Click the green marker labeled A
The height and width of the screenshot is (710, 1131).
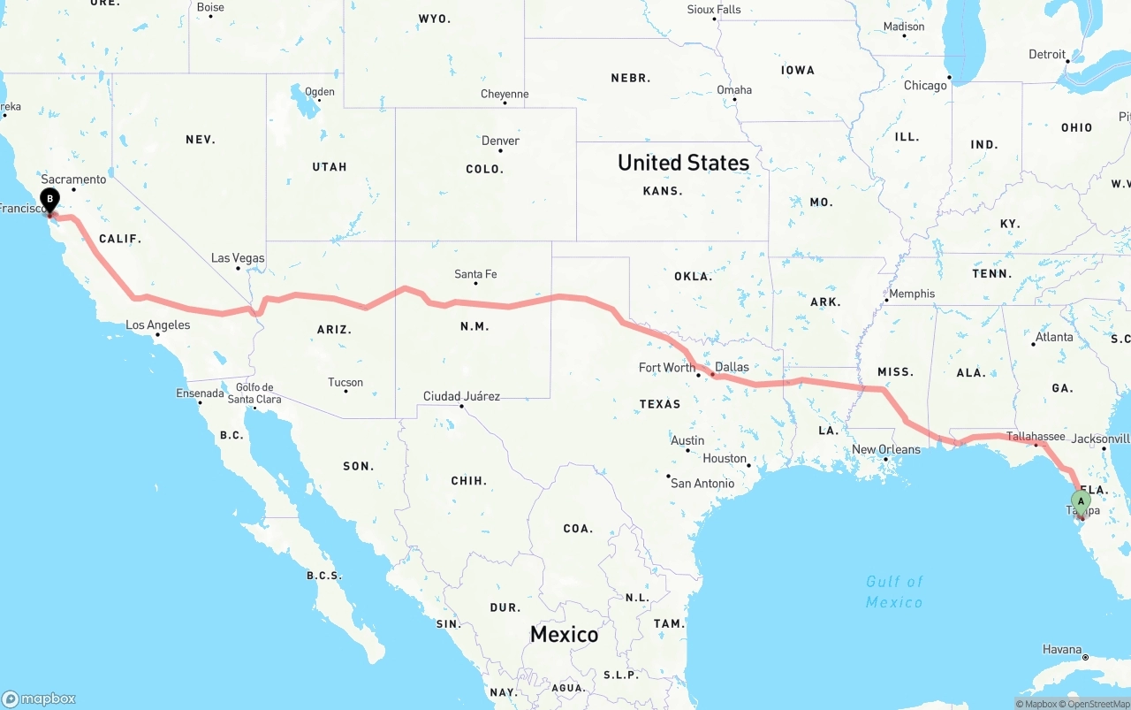pyautogui.click(x=1080, y=502)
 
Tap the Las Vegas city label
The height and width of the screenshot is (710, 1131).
pyautogui.click(x=238, y=258)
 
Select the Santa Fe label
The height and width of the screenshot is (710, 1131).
pyautogui.click(x=475, y=274)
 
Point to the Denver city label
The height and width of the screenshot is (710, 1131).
pyautogui.click(x=500, y=141)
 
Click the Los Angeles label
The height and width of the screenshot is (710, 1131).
pyautogui.click(x=157, y=324)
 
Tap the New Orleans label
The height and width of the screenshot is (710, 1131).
pyautogui.click(x=885, y=449)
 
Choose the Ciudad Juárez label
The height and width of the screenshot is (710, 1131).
pyautogui.click(x=461, y=396)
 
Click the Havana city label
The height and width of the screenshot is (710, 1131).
pyautogui.click(x=1061, y=649)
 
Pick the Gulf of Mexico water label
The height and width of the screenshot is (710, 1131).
pyautogui.click(x=894, y=592)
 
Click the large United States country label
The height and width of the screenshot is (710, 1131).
pyautogui.click(x=683, y=163)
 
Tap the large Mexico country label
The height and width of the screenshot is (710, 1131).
pyautogui.click(x=564, y=634)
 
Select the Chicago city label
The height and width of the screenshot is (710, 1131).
pyautogui.click(x=925, y=86)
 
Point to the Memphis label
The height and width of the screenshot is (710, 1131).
pyautogui.click(x=911, y=294)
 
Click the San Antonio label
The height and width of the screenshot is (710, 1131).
pyautogui.click(x=702, y=483)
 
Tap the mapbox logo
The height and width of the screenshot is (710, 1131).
pyautogui.click(x=39, y=699)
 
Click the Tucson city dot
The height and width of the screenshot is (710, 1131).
pyautogui.click(x=345, y=391)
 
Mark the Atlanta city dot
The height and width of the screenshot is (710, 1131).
pyautogui.click(x=1033, y=344)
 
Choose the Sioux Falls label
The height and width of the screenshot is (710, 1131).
pyautogui.click(x=714, y=10)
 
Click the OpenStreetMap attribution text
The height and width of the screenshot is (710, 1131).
pyautogui.click(x=1098, y=704)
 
